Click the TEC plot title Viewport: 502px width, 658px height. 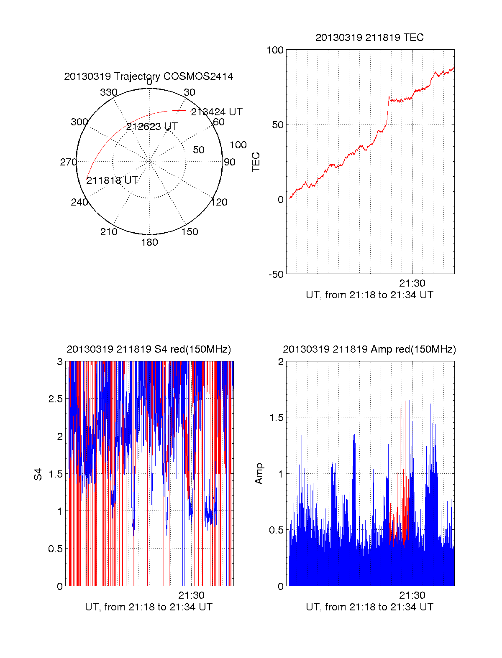coord(369,38)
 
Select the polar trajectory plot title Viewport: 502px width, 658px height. coord(149,76)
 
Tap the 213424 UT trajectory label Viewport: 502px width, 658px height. coord(217,112)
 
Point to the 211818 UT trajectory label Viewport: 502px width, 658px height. coord(112,180)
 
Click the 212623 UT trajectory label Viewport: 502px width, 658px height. coord(152,127)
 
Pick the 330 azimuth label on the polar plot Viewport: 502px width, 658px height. coord(108,92)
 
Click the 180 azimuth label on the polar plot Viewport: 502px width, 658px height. coord(149,242)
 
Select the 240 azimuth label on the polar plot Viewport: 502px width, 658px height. coord(79,202)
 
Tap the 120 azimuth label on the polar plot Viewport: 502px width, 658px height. coord(219,202)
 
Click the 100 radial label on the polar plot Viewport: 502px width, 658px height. coord(238,145)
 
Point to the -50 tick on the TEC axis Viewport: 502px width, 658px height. coord(276,274)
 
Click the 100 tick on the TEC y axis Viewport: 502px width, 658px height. coord(275,50)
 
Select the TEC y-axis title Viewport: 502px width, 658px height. coord(256,162)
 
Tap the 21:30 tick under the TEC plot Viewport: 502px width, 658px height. coord(412,283)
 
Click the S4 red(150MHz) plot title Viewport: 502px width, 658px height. coord(149,349)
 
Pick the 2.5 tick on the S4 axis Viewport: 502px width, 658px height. coord(55,399)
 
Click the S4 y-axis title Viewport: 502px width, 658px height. coord(38,474)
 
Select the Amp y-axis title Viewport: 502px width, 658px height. coord(259,474)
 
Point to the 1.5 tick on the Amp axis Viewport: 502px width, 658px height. coord(276,418)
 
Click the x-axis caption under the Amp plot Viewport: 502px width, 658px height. coord(369,607)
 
